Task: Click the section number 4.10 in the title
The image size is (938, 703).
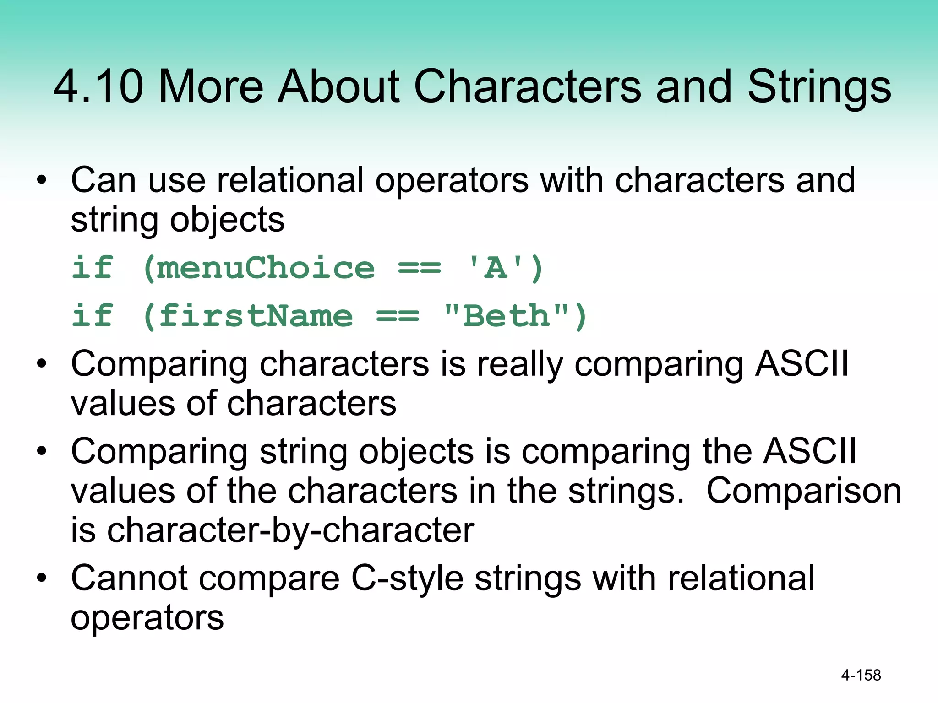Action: click(98, 86)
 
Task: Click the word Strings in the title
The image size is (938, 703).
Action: click(819, 87)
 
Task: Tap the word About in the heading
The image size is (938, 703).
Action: click(339, 86)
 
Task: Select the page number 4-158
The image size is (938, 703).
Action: click(861, 675)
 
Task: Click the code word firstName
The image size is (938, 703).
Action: click(255, 316)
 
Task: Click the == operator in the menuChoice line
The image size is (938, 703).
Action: click(419, 269)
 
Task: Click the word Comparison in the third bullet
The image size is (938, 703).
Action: click(803, 491)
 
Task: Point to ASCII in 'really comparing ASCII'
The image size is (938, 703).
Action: click(802, 364)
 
